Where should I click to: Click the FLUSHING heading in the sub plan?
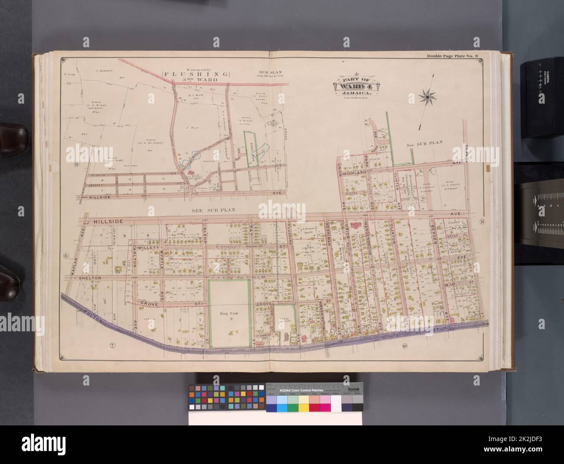click(x=203, y=74)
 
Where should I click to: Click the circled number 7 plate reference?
click(x=112, y=345)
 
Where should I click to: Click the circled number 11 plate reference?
click(x=482, y=222)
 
